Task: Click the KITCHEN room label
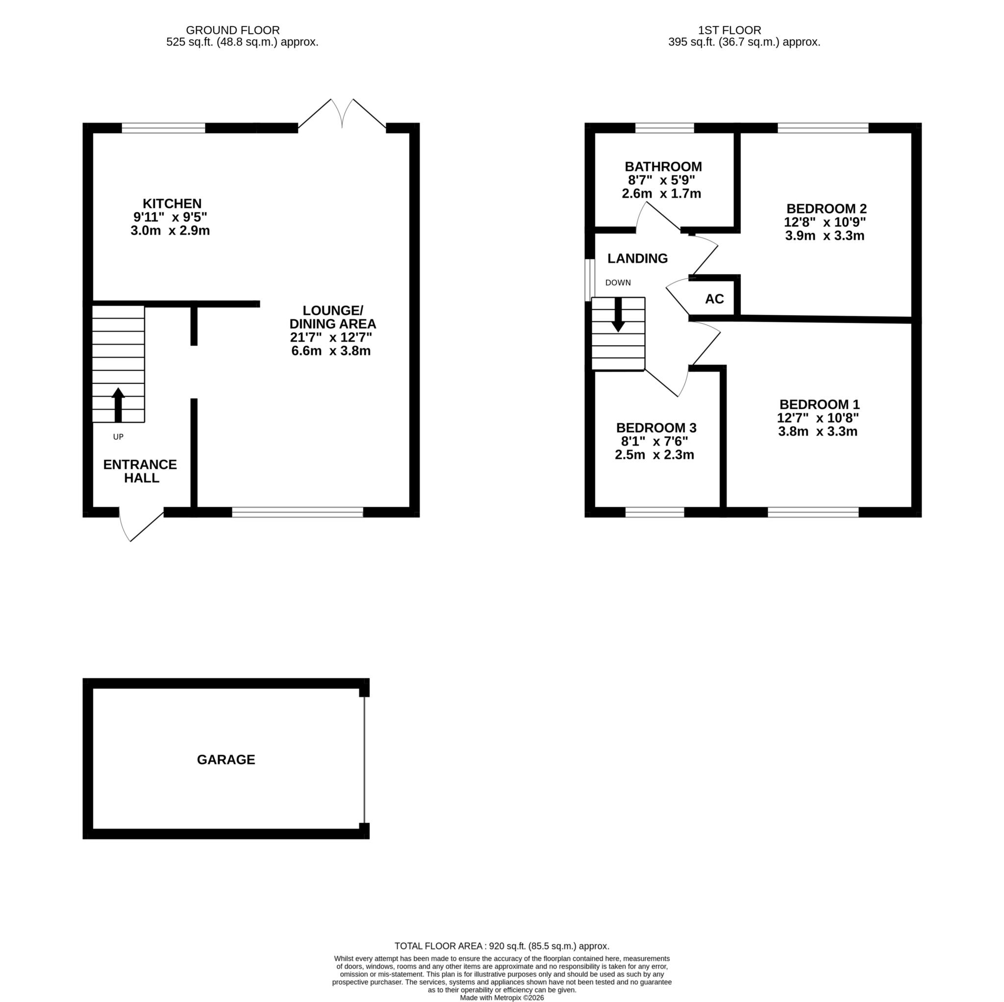pyautogui.click(x=172, y=204)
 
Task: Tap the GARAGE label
pyautogui.click(x=226, y=760)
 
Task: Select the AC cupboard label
pyautogui.click(x=715, y=299)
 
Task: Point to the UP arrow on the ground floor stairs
pyautogui.click(x=118, y=405)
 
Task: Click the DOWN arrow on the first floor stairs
pyautogui.click(x=618, y=314)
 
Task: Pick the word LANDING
pyautogui.click(x=638, y=258)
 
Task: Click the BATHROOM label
pyautogui.click(x=663, y=167)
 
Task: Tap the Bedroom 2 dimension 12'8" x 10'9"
pyautogui.click(x=825, y=222)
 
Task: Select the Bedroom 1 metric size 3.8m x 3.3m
pyautogui.click(x=818, y=431)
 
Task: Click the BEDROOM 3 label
pyautogui.click(x=656, y=428)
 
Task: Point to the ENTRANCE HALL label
pyautogui.click(x=140, y=472)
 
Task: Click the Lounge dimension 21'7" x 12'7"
pyautogui.click(x=331, y=337)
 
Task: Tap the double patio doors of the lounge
pyautogui.click(x=342, y=114)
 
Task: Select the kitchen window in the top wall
pyautogui.click(x=164, y=128)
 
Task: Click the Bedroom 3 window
pyautogui.click(x=655, y=512)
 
